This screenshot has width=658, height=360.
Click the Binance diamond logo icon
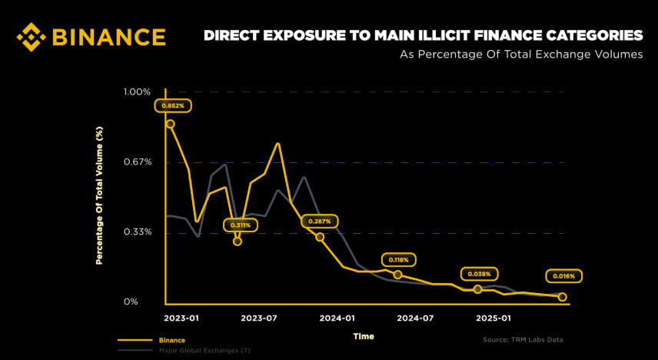[x=32, y=37]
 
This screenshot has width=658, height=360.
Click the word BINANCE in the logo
[x=108, y=37]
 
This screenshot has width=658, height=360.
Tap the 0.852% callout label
[x=173, y=105]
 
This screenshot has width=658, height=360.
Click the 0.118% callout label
[x=399, y=260]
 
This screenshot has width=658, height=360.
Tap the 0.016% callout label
[x=565, y=276]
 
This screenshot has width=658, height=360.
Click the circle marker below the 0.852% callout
[x=170, y=124]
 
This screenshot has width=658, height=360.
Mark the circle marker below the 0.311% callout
[x=238, y=242]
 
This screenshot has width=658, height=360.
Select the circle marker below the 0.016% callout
[x=562, y=297]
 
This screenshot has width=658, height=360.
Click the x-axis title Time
[x=364, y=336]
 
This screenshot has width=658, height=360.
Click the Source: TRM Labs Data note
[x=522, y=339]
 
